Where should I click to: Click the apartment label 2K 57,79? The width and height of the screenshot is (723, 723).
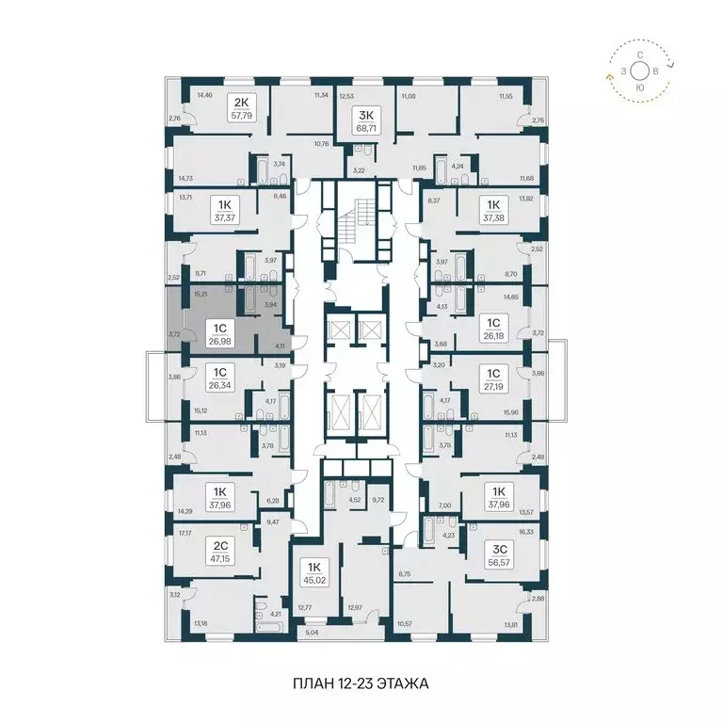pos(241,109)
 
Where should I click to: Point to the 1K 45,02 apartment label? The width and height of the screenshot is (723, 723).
pos(312,573)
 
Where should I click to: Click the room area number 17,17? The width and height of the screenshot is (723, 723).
pos(183,534)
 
